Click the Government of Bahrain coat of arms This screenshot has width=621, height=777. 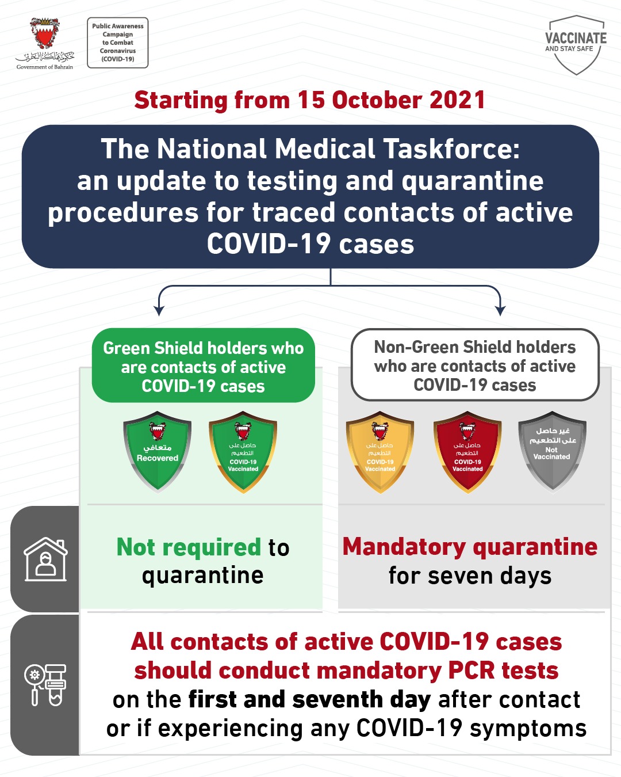(x=45, y=35)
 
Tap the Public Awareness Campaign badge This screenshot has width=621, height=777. (x=118, y=43)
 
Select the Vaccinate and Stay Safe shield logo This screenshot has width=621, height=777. (x=576, y=45)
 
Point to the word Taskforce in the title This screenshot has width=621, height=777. (x=451, y=149)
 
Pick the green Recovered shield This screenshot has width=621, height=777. (x=157, y=452)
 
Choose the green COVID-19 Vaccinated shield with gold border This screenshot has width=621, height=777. (x=243, y=452)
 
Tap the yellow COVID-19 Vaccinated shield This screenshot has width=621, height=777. (x=380, y=452)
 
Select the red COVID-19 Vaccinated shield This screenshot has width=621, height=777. (x=468, y=452)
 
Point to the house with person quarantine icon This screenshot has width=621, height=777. (x=45, y=559)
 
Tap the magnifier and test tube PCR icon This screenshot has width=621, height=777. (x=45, y=685)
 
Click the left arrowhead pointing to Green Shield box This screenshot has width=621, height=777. (x=159, y=311)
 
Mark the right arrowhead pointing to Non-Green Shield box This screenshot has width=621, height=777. (x=500, y=311)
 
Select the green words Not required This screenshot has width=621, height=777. (x=189, y=547)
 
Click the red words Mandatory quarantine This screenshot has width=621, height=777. (x=470, y=547)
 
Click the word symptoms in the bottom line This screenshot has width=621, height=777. (x=528, y=729)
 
